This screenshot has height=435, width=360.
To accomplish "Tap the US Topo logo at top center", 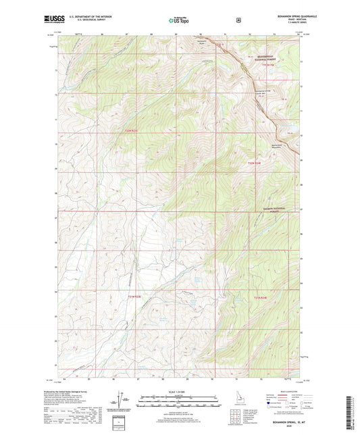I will [x=179, y=21].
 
